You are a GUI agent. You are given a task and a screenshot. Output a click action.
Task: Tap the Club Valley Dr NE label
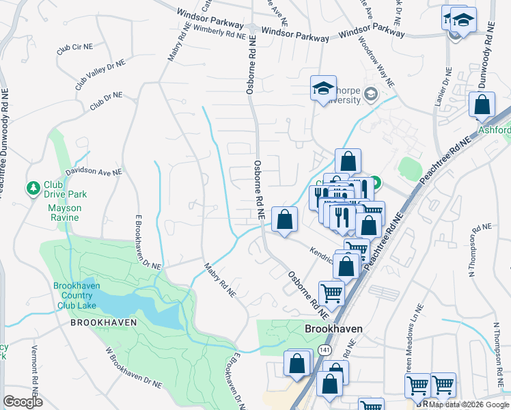(101, 74)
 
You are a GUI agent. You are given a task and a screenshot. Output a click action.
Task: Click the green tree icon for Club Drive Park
(33, 187)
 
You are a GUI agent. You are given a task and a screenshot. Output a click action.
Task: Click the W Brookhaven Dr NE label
(128, 373)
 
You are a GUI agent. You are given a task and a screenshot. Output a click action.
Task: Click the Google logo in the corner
(23, 401)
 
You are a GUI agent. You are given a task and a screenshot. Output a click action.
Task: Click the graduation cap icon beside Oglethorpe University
(322, 88)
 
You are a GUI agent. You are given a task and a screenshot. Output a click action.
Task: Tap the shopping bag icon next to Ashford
(482, 105)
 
